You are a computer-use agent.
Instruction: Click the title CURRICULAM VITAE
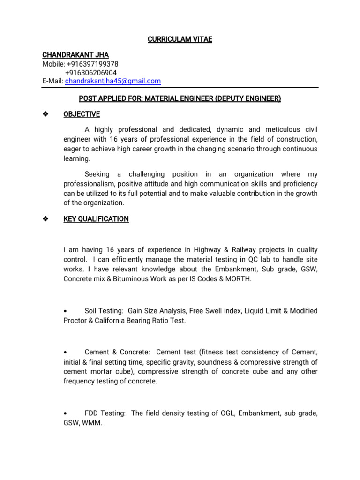pyautogui.click(x=180, y=40)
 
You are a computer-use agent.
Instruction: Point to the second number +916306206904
pyautogui.click(x=91, y=73)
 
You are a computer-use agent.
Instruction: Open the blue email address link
pyautogui.click(x=113, y=81)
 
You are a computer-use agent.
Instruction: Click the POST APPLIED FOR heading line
pyautogui.click(x=180, y=98)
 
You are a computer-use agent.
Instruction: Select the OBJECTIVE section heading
pyautogui.click(x=82, y=114)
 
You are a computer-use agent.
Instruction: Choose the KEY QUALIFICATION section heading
pyautogui.click(x=96, y=219)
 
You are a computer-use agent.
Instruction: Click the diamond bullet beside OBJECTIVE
pyautogui.click(x=45, y=114)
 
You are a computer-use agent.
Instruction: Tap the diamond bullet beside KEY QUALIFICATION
pyautogui.click(x=45, y=219)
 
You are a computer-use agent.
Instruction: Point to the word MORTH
pyautogui.click(x=239, y=279)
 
